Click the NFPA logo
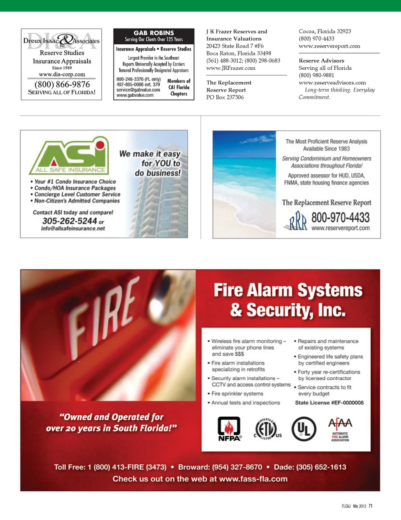tap(229, 429)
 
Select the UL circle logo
tap(304, 429)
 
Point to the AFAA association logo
tap(340, 429)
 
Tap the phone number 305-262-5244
tap(69, 221)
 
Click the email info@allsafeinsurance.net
tap(73, 228)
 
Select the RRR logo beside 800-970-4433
tap(297, 221)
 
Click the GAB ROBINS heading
tap(154, 33)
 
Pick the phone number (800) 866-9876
tap(62, 84)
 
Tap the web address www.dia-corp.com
tap(62, 74)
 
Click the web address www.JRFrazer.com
tap(231, 68)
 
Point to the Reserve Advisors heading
tap(321, 61)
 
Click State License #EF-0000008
tap(329, 403)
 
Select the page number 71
tap(371, 506)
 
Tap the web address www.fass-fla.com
tap(253, 479)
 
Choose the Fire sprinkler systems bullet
tap(237, 393)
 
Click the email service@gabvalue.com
tap(138, 90)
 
